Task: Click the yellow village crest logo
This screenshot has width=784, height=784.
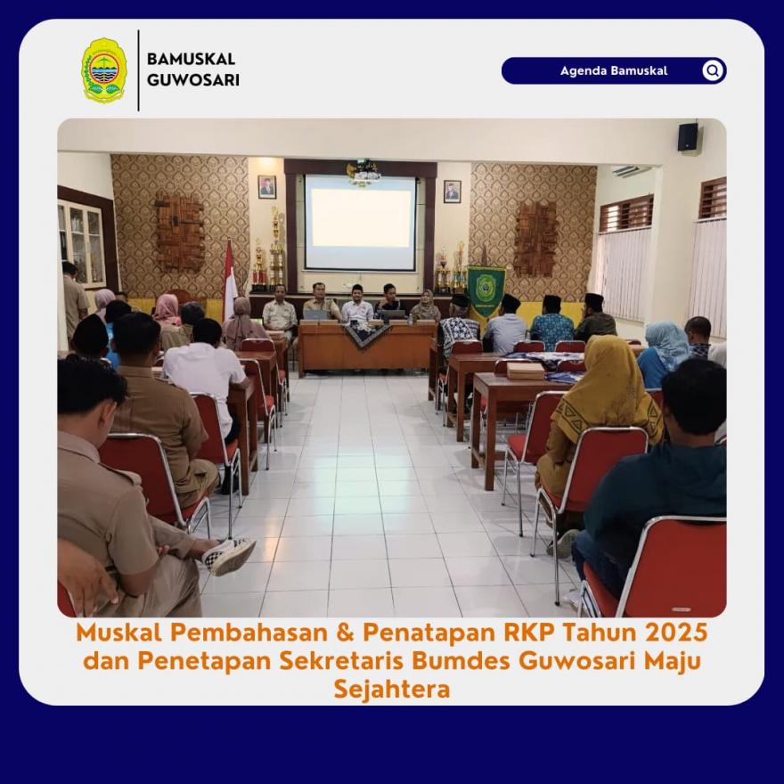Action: tap(104, 70)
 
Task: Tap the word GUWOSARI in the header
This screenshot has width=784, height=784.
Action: tap(193, 80)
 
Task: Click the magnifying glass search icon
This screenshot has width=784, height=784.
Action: tap(713, 70)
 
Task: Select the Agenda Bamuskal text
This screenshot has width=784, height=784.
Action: tap(614, 70)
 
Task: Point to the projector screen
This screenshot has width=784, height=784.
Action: tap(360, 223)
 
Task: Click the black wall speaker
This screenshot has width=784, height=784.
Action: tap(688, 137)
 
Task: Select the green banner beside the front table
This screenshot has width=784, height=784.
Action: tap(486, 291)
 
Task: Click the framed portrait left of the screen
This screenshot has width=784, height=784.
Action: tap(267, 187)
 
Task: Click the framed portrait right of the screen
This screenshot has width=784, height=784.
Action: tap(452, 192)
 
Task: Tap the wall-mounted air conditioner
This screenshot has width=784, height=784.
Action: tap(631, 171)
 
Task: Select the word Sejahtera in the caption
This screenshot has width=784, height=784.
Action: tap(392, 689)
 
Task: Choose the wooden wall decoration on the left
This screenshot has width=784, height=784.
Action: tap(179, 232)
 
